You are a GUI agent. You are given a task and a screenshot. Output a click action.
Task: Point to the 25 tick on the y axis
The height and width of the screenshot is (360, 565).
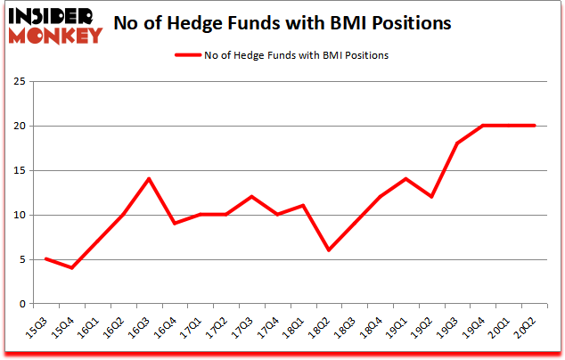(17, 82)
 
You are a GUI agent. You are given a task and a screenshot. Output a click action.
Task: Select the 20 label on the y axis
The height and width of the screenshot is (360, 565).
(17, 127)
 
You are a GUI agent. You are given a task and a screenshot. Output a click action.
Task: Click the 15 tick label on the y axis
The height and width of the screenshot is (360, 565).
(17, 171)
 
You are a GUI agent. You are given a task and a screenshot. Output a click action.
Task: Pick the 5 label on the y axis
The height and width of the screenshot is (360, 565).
(20, 259)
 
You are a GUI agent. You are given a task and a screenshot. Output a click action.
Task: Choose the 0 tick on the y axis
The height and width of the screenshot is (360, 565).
(20, 304)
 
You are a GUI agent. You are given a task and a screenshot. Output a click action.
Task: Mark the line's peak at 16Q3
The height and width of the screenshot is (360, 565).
(148, 179)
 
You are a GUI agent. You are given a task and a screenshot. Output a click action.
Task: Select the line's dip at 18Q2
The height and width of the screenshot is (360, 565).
(329, 250)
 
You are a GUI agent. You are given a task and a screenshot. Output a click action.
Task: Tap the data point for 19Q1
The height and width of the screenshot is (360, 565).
(405, 179)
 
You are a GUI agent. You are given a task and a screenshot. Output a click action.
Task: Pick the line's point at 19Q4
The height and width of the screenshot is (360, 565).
(483, 126)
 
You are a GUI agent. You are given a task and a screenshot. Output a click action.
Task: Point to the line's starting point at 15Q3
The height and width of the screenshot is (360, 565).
(45, 259)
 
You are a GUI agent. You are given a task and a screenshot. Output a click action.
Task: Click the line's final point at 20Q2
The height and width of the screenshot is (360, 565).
(535, 126)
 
